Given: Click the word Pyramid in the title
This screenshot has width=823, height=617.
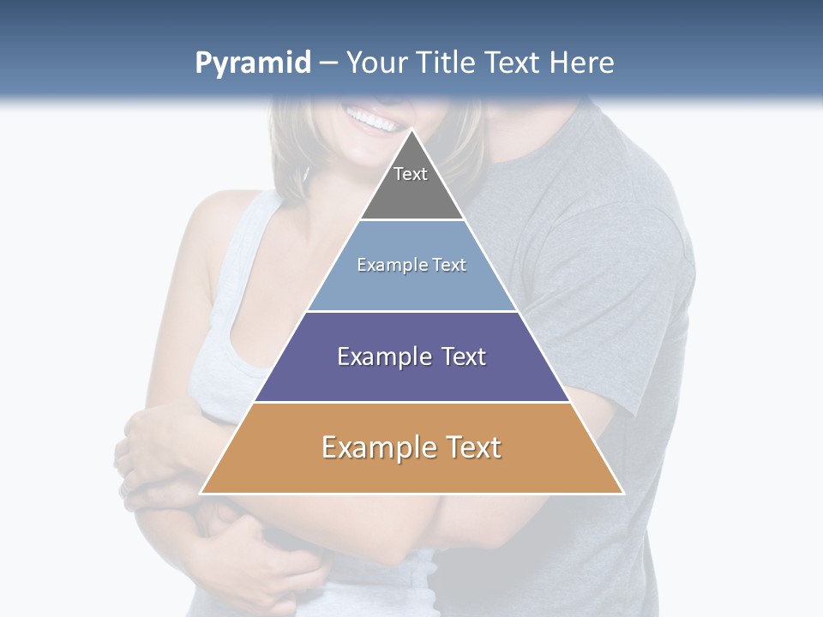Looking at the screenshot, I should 252,63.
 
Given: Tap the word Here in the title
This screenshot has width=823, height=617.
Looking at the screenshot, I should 581,63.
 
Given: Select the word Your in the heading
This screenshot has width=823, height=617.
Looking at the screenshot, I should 376,63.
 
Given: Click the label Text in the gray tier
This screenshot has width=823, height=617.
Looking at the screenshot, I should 411,174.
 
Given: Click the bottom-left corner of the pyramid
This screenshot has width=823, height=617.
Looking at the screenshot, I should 201,493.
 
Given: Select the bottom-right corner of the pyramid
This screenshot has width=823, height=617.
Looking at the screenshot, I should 623,493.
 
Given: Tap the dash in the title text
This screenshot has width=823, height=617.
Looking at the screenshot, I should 328,63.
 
